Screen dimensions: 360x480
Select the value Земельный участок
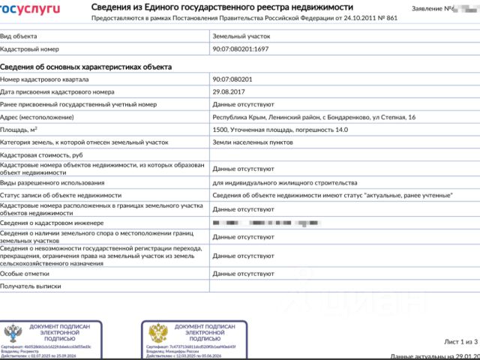[x=241, y=35]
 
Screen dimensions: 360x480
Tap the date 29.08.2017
[x=229, y=91]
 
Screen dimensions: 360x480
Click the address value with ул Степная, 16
[x=314, y=117]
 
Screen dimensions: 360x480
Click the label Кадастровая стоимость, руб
[x=40, y=155]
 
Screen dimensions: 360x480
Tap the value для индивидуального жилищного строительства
[x=285, y=182]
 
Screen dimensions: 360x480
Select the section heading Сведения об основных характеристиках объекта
[x=86, y=67]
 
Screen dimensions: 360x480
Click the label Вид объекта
[x=18, y=35]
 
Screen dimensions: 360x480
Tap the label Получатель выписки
[x=30, y=286]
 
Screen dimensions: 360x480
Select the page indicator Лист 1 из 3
[x=460, y=341]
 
